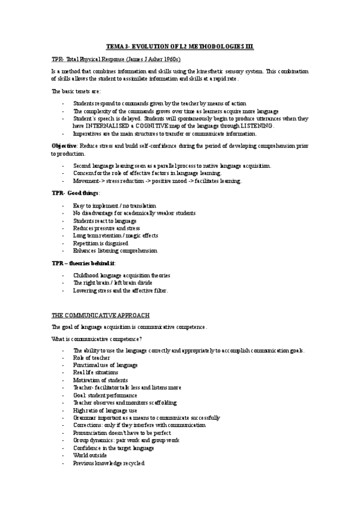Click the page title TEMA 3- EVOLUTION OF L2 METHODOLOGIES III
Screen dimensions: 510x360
coord(180,46)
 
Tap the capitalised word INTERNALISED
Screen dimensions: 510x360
coord(103,126)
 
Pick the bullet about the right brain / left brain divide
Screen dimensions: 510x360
coord(112,283)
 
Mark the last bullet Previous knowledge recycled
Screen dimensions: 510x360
coord(109,464)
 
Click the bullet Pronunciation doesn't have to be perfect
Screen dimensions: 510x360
coord(122,433)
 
